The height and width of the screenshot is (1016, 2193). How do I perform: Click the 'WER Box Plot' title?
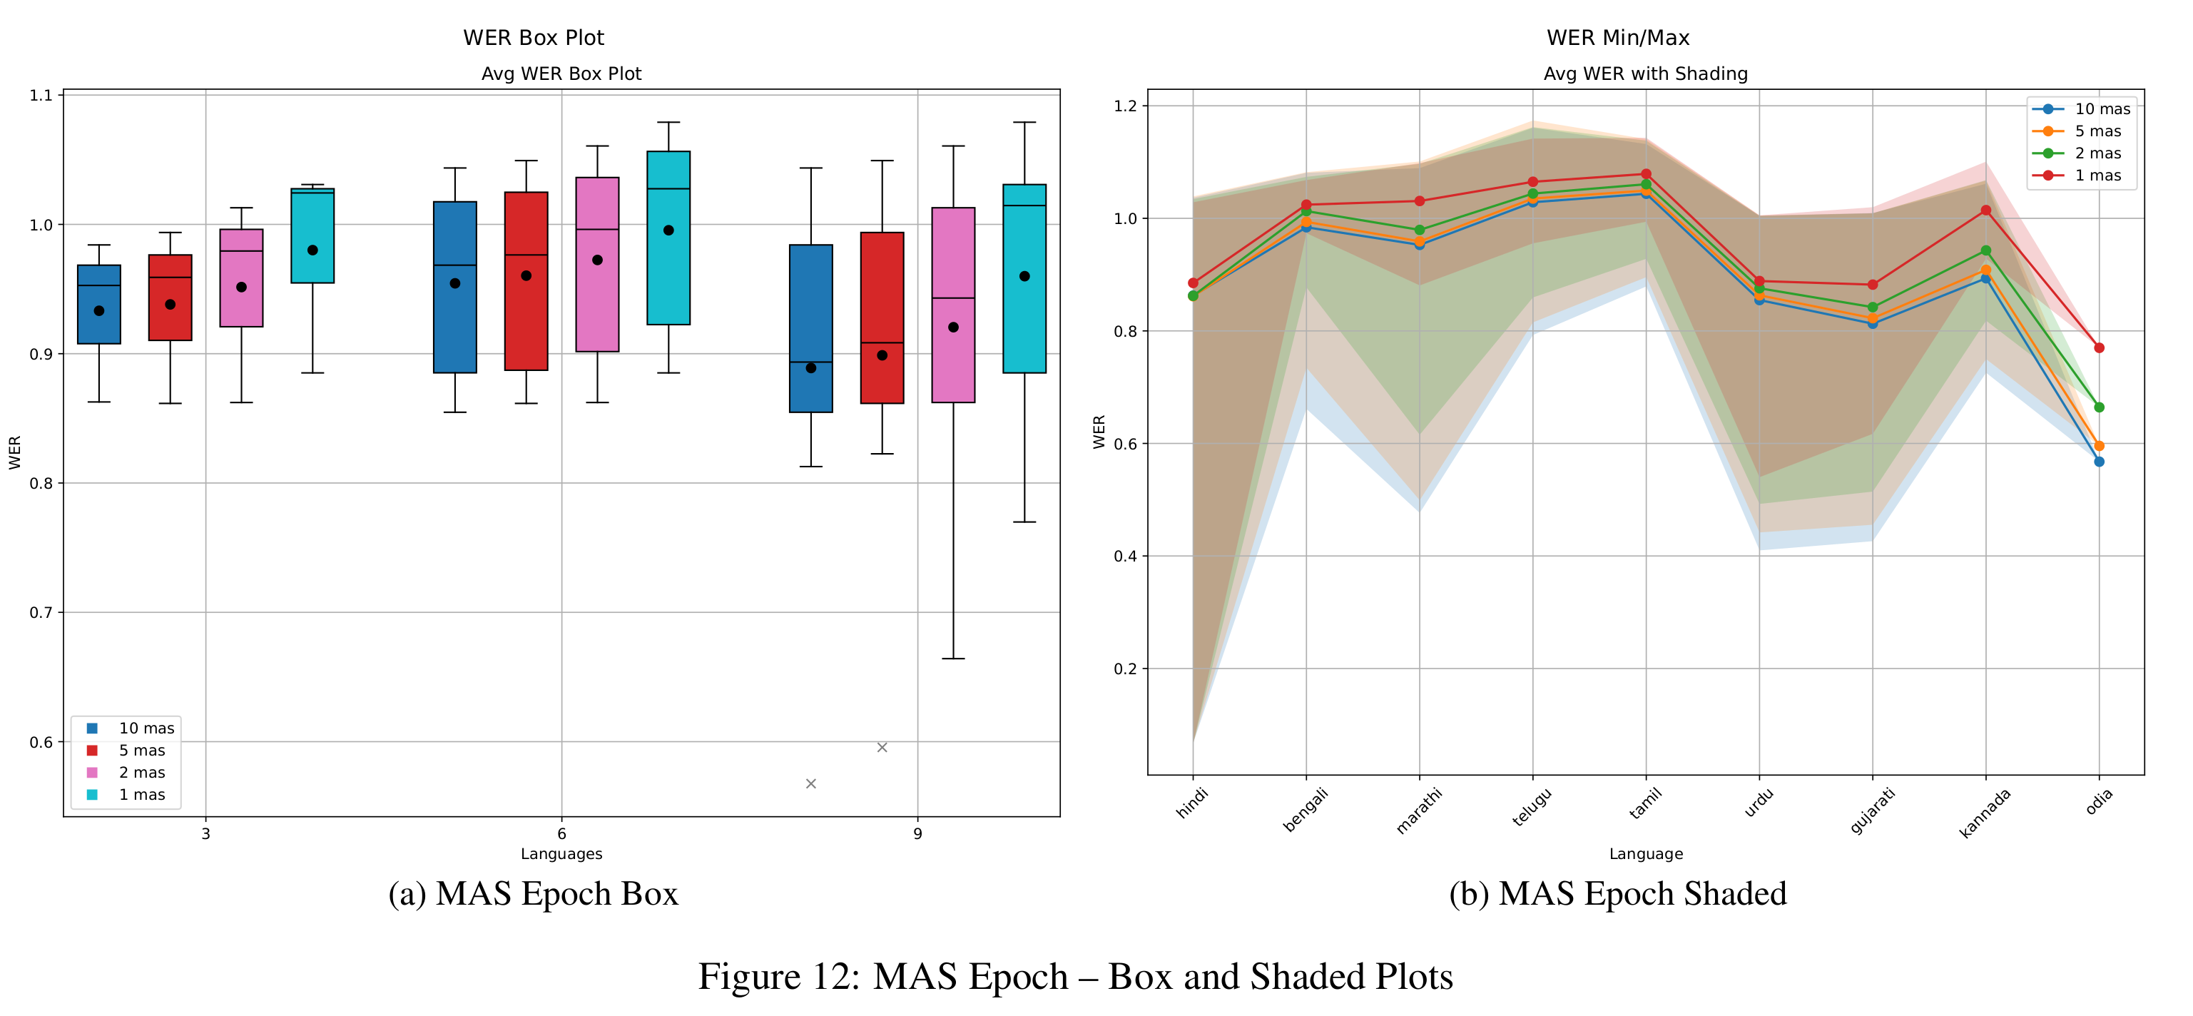533,38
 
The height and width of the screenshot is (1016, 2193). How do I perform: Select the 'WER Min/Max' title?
1617,38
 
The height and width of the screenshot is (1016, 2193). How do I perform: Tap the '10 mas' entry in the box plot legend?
146,728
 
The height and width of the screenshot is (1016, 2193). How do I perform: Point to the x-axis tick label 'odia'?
2099,802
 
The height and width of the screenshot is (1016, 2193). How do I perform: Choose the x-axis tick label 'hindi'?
1192,803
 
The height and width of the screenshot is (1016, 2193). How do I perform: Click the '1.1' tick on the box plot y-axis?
41,96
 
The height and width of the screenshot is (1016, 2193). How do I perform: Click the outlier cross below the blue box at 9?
810,783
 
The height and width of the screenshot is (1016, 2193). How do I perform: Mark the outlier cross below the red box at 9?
882,748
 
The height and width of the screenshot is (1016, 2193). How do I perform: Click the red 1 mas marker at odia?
2099,347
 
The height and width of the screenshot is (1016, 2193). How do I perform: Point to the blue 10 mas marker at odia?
2099,462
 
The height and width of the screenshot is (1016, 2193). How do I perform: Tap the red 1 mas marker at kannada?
1985,210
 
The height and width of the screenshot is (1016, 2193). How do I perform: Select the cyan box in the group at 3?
312,236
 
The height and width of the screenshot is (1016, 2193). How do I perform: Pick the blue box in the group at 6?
454,287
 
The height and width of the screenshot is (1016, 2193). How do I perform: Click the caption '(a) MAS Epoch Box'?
533,893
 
